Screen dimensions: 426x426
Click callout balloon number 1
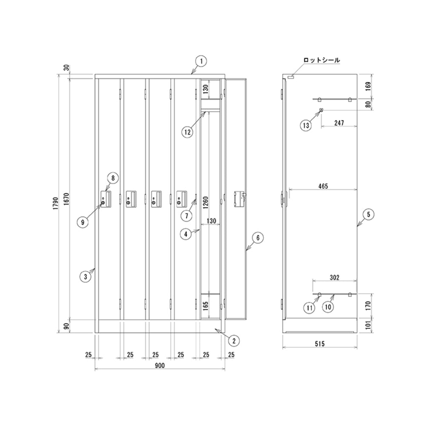201,61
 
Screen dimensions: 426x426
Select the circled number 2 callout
234,341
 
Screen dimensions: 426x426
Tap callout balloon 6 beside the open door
258,238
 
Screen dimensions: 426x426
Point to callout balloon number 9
83,222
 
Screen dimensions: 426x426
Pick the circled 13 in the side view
306,126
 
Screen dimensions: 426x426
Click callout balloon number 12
187,132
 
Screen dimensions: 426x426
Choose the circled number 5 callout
368,214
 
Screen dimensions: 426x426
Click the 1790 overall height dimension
56,203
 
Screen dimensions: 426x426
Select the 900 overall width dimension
160,366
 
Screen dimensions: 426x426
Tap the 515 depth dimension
320,344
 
